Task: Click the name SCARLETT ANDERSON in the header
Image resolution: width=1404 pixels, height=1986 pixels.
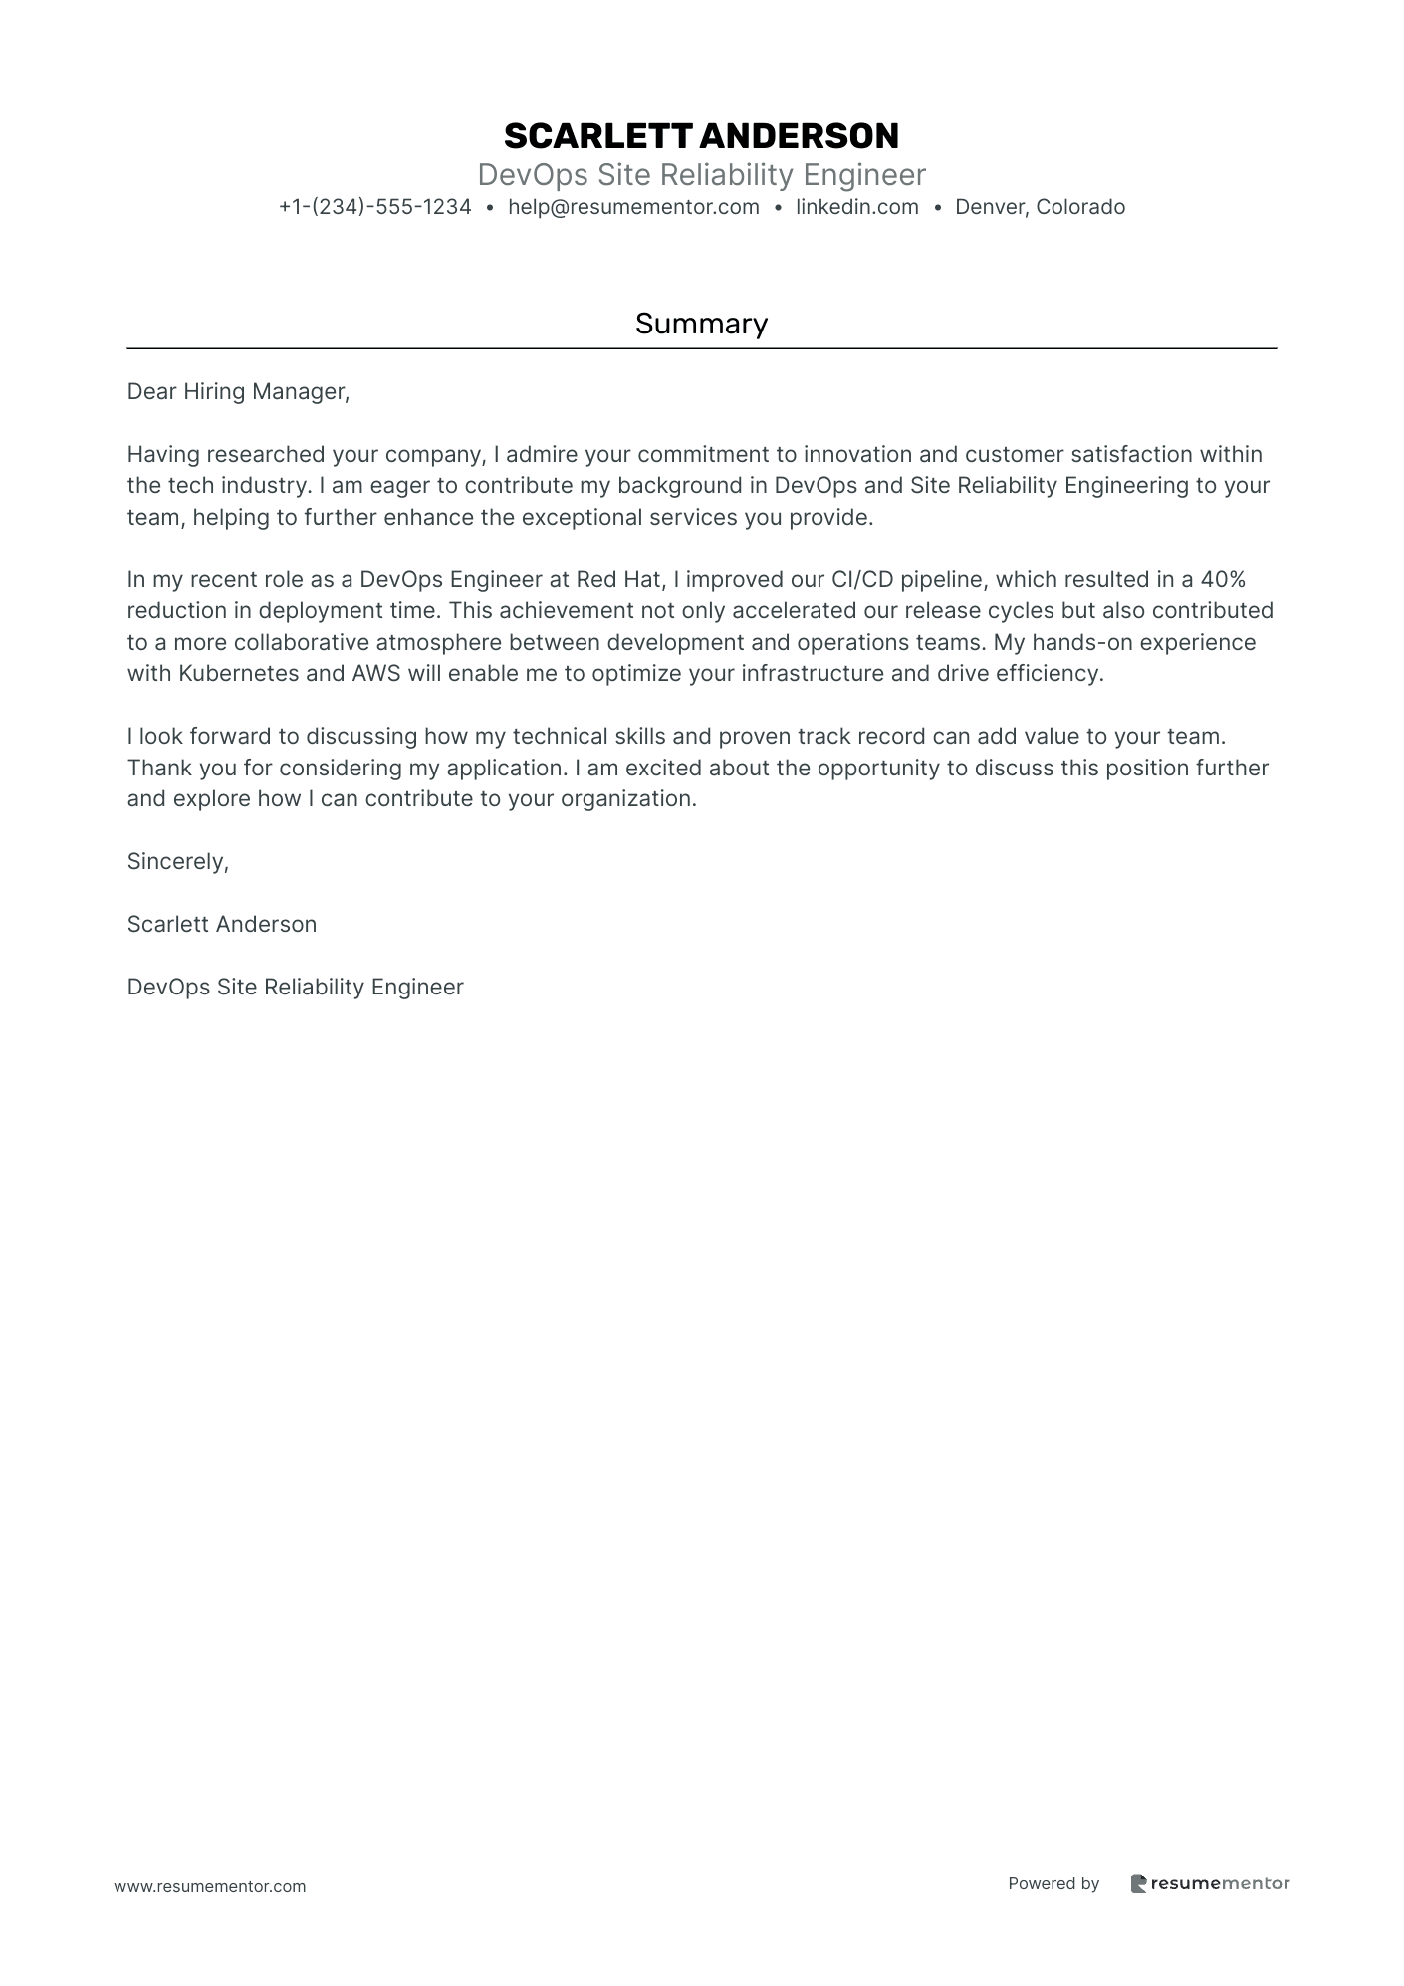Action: click(x=701, y=135)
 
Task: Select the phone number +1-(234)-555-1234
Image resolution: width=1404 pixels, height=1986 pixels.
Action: click(x=374, y=207)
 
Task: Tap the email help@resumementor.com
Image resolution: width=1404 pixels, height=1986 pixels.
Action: click(x=633, y=207)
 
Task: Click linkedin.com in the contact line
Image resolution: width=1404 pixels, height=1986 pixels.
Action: click(x=856, y=207)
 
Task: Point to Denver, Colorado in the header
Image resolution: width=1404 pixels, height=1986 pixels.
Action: click(x=1040, y=207)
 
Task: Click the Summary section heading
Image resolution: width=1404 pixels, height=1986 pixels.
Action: click(x=701, y=324)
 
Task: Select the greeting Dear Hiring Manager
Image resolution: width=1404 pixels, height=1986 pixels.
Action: click(x=238, y=392)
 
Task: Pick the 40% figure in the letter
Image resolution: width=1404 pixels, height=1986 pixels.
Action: click(x=1223, y=580)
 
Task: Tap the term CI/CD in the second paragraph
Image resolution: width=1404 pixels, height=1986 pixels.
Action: click(x=862, y=580)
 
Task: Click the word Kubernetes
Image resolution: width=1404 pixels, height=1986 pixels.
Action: click(x=239, y=674)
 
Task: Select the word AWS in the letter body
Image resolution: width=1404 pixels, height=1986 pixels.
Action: click(x=375, y=674)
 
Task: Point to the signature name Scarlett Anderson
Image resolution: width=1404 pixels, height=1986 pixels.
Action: click(x=222, y=925)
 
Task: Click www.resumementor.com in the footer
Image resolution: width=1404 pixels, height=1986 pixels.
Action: click(x=210, y=1886)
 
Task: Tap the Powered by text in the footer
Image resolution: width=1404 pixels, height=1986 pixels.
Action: click(x=1053, y=1883)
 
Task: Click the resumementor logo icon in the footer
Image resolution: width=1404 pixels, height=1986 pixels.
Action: click(x=1138, y=1883)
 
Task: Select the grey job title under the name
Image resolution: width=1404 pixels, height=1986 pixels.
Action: click(x=701, y=175)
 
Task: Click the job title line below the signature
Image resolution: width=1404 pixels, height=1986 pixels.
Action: click(x=295, y=988)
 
